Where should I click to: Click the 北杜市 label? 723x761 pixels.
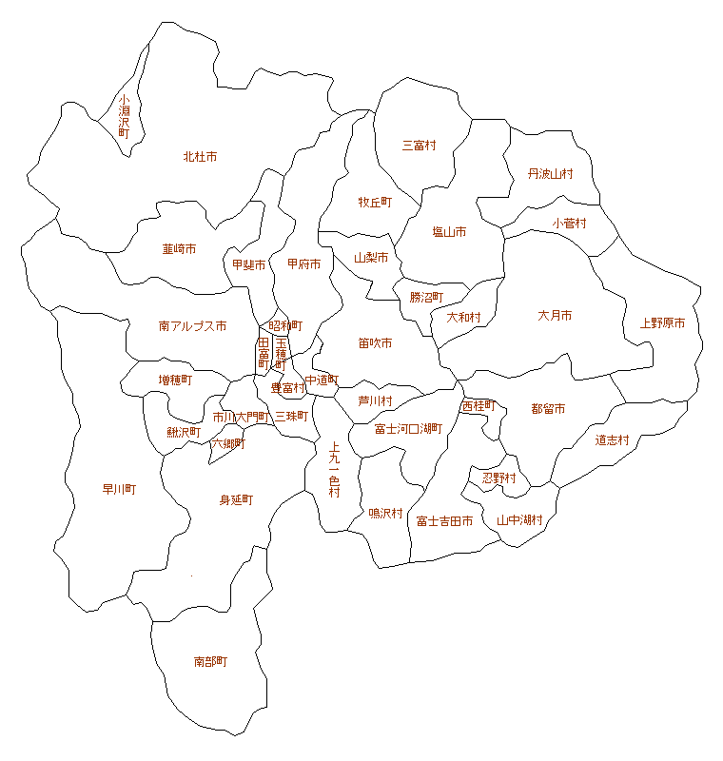[200, 156]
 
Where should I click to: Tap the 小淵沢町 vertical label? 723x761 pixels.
[124, 117]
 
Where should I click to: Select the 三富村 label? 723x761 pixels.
[419, 146]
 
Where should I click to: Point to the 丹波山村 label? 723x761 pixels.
[551, 174]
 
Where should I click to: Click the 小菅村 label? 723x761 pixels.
[569, 224]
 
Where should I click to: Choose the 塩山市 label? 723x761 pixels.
[449, 232]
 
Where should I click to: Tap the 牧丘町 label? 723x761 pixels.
[375, 203]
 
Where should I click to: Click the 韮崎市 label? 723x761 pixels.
[179, 249]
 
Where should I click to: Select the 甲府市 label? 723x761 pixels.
[304, 263]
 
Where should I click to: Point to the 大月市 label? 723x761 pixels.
[555, 315]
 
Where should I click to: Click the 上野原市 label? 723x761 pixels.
[662, 323]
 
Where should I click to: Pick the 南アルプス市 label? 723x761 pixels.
[192, 326]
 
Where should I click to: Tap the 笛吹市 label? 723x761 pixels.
[375, 342]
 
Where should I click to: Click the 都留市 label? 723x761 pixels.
[548, 409]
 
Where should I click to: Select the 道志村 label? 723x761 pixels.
[613, 439]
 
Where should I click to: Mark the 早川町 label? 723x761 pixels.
[119, 490]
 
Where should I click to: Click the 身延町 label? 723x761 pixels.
[236, 499]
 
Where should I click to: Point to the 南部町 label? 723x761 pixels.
[210, 661]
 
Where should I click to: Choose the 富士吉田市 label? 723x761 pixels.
[444, 521]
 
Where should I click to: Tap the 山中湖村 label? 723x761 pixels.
[519, 520]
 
